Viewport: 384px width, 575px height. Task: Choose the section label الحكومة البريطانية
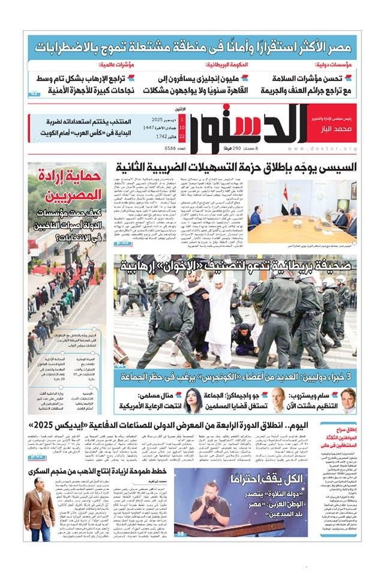227,64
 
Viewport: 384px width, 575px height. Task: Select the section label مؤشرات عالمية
118,64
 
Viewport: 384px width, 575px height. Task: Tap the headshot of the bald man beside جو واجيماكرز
278,400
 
